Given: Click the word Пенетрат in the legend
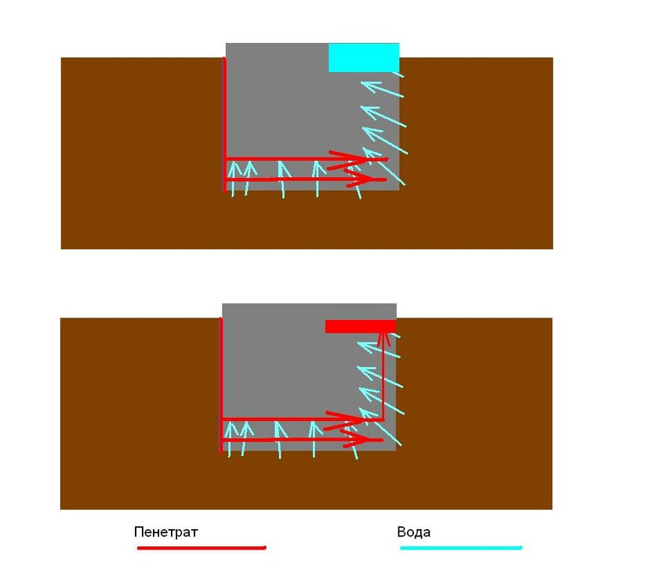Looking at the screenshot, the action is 165,532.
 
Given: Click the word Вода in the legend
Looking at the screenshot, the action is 413,532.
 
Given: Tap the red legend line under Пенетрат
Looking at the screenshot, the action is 202,548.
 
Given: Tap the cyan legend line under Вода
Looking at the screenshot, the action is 461,548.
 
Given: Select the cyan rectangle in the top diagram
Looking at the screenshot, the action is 364,57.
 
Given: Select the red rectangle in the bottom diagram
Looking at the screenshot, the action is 361,326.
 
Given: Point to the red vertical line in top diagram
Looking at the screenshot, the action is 224,125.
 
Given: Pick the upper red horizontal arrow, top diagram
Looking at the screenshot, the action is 307,159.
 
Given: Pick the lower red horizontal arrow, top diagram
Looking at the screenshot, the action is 306,180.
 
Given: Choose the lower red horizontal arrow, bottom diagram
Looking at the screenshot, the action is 302,440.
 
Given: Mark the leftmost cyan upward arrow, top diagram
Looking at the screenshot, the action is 233,179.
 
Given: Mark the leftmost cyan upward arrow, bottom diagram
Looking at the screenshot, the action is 230,439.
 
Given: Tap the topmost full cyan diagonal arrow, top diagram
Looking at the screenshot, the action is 382,89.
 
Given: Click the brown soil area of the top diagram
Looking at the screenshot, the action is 141,154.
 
